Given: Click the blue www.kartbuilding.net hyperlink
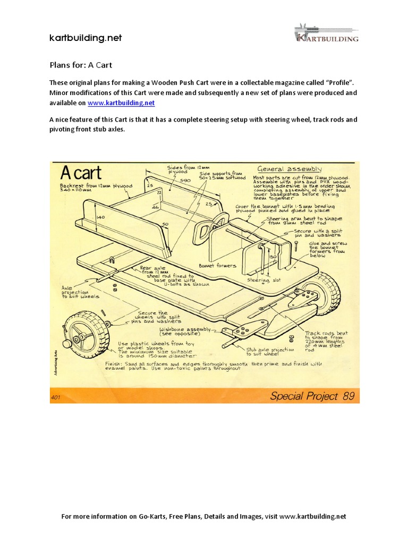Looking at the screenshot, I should coord(121,103).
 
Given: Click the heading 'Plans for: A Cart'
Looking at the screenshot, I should coord(81,65).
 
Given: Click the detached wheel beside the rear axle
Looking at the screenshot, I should coord(86,334).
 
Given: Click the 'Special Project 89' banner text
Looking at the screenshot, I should coord(312,395).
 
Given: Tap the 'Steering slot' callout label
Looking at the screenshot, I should coord(261,279).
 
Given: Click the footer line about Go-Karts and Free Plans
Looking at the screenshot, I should coord(204,516).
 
